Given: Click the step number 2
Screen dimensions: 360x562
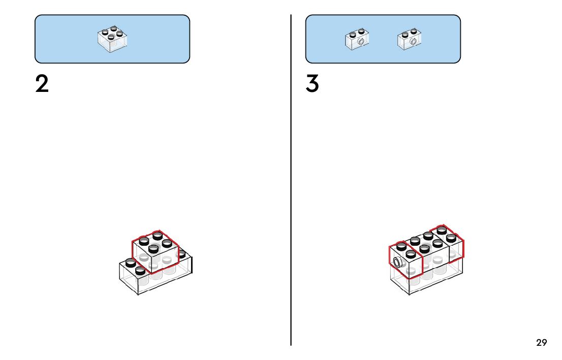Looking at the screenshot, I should pyautogui.click(x=42, y=84).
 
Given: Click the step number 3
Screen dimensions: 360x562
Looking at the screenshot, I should pyautogui.click(x=313, y=84).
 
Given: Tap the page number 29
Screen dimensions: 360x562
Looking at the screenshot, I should pyautogui.click(x=542, y=343).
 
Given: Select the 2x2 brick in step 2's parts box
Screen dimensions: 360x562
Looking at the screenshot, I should pyautogui.click(x=112, y=40).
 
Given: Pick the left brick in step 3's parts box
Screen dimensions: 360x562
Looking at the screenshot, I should pyautogui.click(x=357, y=40).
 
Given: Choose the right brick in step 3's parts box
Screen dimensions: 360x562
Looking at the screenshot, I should pyautogui.click(x=410, y=40).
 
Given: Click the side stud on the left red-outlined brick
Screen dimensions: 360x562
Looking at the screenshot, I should pyautogui.click(x=397, y=263).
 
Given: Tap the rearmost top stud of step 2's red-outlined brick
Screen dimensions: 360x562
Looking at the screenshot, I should pyautogui.click(x=158, y=235).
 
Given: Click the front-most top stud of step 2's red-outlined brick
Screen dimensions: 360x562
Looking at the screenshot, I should pyautogui.click(x=153, y=248).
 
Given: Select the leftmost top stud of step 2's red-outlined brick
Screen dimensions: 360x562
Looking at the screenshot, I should pyautogui.click(x=144, y=241).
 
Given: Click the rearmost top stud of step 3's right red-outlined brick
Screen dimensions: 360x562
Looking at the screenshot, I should pyautogui.click(x=442, y=230).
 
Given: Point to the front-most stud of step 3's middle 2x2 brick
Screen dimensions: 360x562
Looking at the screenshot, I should pyautogui.click(x=425, y=248).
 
